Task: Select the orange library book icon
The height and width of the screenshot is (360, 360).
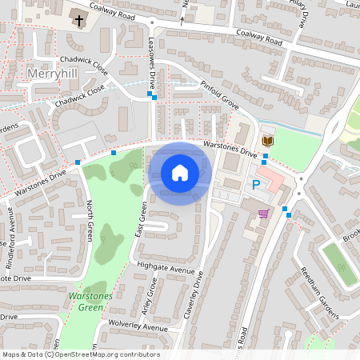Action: (268, 142)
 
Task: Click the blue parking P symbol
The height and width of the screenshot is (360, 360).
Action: (256, 185)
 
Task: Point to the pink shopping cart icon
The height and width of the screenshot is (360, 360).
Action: (263, 214)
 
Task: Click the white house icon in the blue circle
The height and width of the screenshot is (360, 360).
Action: (180, 173)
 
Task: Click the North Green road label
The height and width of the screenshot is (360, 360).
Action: (90, 221)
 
